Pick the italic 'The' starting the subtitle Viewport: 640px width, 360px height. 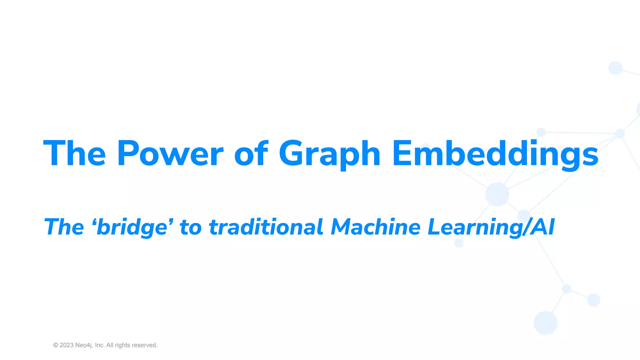point(64,227)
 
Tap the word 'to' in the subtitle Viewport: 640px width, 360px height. point(191,227)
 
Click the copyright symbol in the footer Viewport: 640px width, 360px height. point(56,345)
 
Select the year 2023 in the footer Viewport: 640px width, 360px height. point(67,345)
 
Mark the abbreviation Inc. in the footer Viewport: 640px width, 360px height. point(100,345)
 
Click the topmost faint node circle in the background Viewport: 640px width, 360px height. point(615,67)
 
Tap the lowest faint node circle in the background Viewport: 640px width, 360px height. point(546,323)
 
